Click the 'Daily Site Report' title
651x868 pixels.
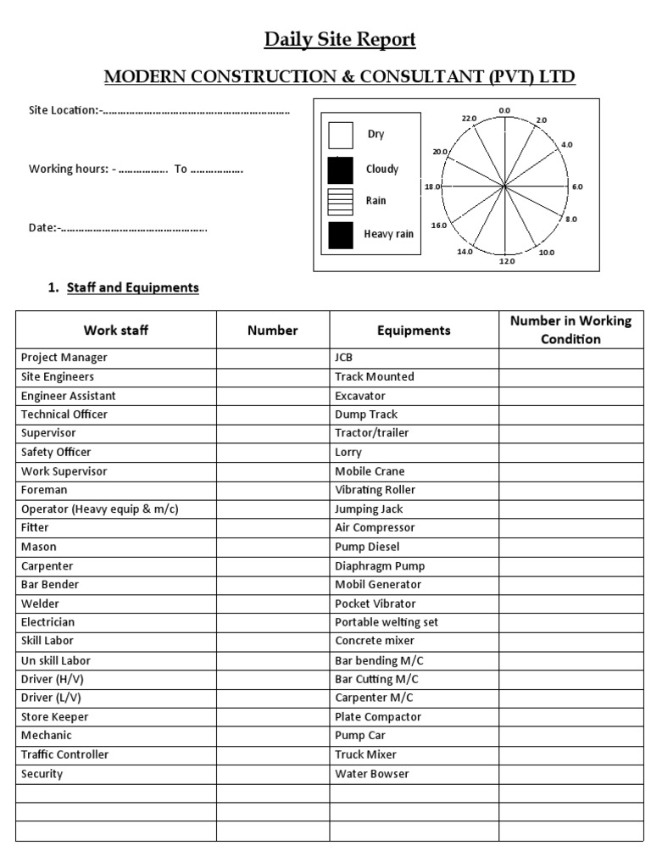click(340, 39)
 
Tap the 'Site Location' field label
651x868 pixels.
click(64, 111)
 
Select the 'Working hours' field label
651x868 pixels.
click(69, 169)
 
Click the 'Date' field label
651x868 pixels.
click(43, 227)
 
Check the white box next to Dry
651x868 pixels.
click(340, 136)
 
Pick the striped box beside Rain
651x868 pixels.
click(340, 202)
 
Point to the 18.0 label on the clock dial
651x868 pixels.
click(431, 186)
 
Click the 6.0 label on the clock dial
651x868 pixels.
click(577, 186)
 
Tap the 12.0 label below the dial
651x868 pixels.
click(506, 261)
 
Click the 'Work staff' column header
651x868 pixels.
click(115, 330)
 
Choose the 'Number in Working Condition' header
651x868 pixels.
click(570, 330)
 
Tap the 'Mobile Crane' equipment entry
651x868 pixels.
click(370, 471)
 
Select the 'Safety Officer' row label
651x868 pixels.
click(56, 453)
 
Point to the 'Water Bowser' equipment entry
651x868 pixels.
click(371, 774)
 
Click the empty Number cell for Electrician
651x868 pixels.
click(272, 622)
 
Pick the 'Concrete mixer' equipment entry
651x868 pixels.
click(373, 641)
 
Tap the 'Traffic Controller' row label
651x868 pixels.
click(64, 754)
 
